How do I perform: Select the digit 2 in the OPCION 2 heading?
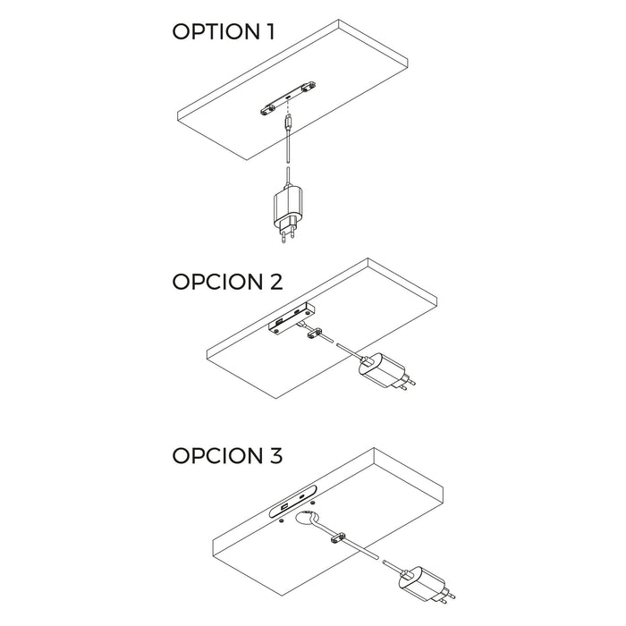point(275,282)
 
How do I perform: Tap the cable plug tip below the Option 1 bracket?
point(287,122)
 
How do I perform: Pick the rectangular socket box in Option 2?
point(288,318)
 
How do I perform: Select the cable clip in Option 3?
point(339,539)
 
